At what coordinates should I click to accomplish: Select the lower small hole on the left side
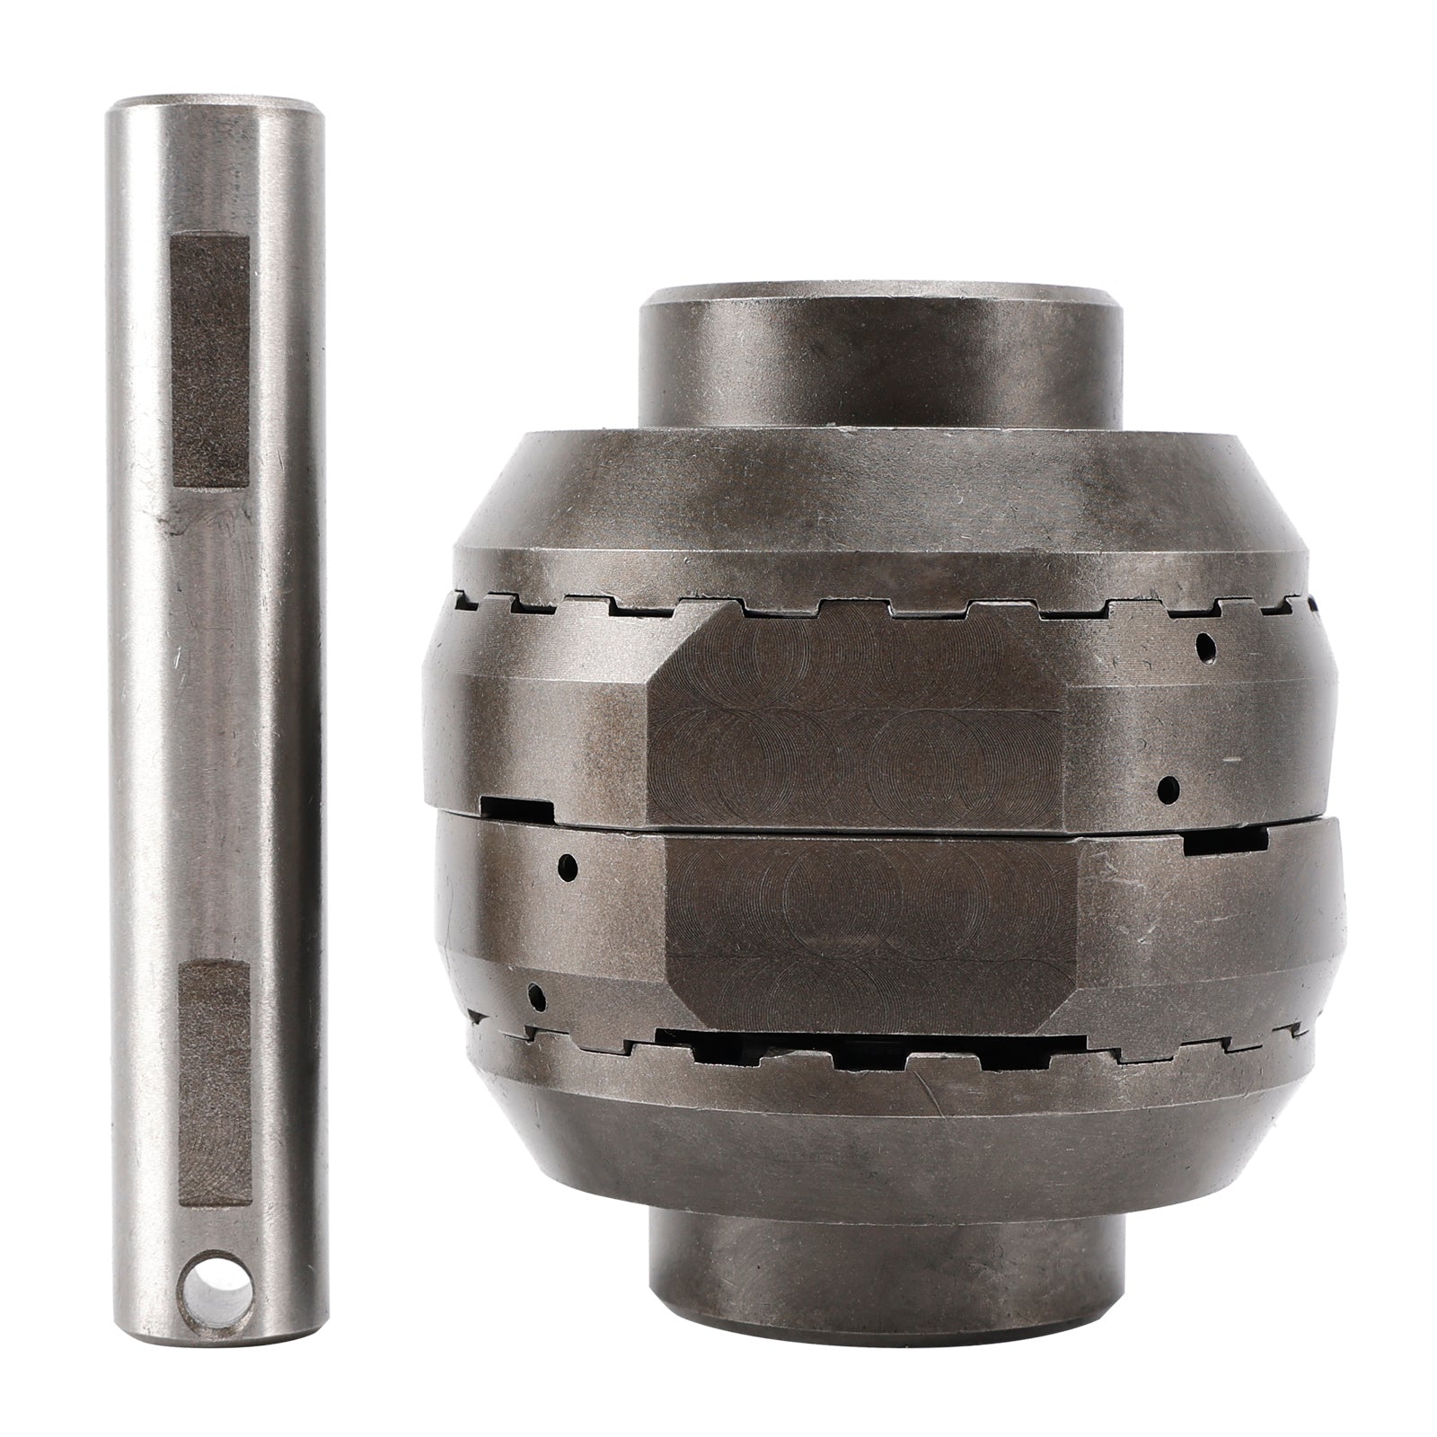[536, 994]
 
